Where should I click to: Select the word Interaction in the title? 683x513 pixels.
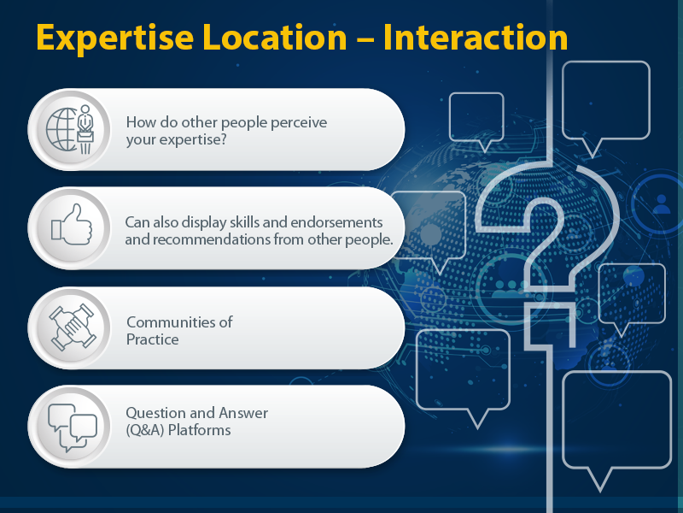click(476, 38)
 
